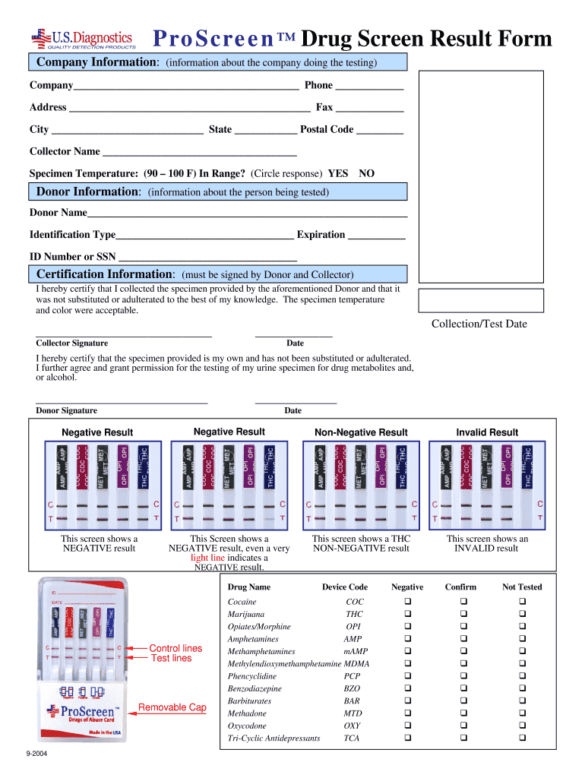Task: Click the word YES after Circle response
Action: point(337,173)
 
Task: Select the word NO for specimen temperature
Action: point(366,173)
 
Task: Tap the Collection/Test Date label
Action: point(479,324)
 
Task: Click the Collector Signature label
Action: point(72,343)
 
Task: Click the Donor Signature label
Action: point(67,411)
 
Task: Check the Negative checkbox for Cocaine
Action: point(407,602)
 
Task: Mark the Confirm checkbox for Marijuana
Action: point(460,614)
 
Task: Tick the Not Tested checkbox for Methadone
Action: point(522,713)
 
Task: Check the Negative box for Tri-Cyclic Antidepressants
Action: point(407,738)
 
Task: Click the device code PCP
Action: point(352,676)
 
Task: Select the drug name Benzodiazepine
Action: point(255,689)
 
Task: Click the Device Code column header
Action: point(344,587)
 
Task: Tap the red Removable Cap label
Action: point(172,707)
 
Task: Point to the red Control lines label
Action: point(175,648)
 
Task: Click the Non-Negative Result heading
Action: point(361,433)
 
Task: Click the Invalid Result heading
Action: point(487,433)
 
